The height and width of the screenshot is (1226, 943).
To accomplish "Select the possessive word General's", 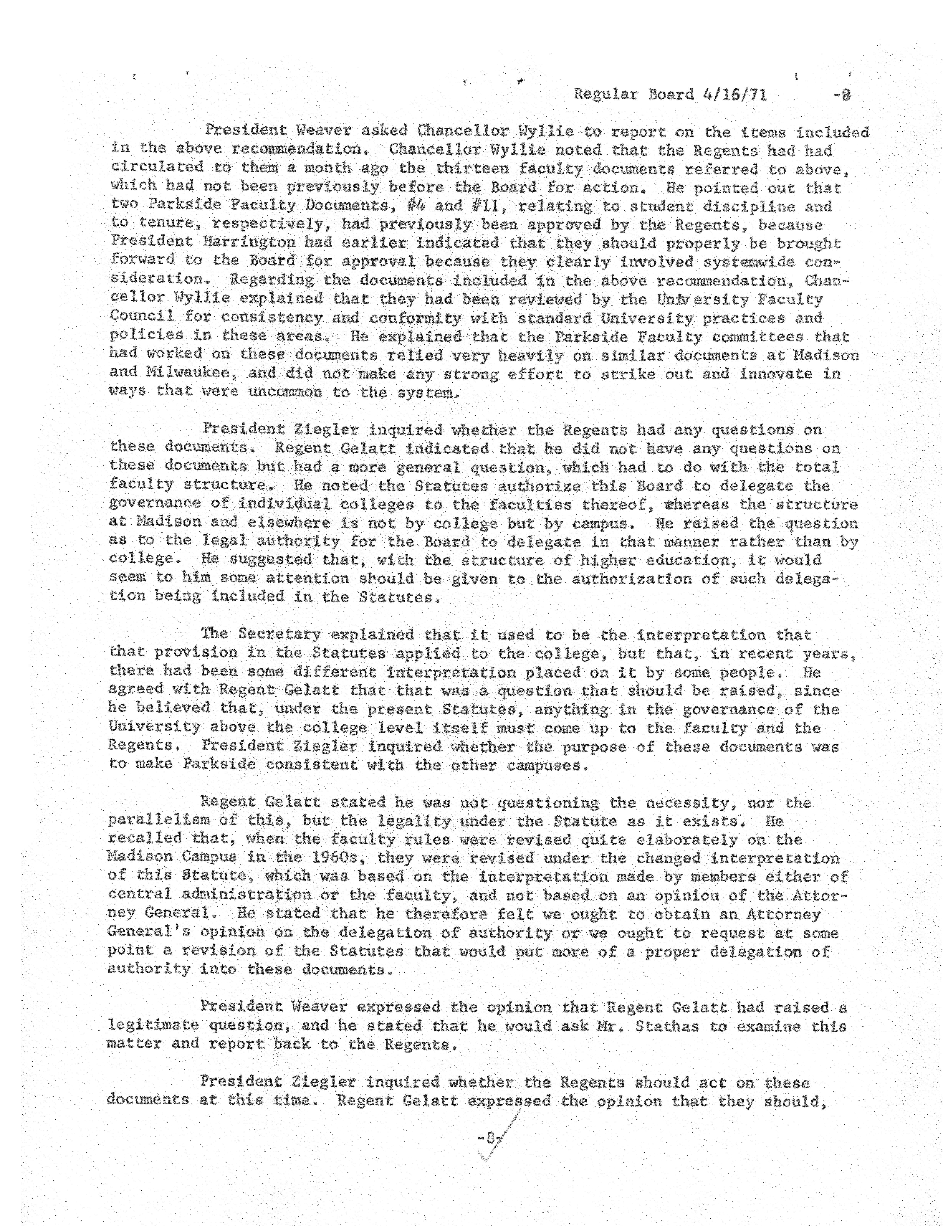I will click(x=148, y=932).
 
